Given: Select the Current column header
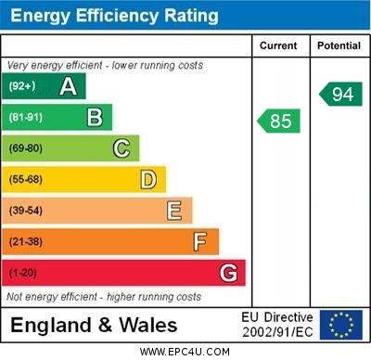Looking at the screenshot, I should (278, 45).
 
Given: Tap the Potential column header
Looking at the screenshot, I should (339, 45).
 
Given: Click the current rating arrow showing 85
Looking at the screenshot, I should (279, 121).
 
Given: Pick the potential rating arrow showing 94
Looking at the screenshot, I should (340, 93).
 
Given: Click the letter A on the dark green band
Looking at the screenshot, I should (68, 86).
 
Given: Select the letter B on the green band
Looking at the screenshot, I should (95, 117).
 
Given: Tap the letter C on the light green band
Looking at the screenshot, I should (122, 148).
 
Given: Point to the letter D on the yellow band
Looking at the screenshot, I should (148, 179).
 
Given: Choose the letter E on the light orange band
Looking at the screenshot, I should (174, 211).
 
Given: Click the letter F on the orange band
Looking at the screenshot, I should (200, 241).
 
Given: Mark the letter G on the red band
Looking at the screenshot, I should (228, 273).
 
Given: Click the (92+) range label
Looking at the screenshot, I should (22, 87).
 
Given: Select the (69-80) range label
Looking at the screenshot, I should (26, 148).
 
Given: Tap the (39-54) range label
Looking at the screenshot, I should (26, 211).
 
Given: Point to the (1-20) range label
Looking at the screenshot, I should (23, 273).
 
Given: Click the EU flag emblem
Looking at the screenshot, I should (340, 325).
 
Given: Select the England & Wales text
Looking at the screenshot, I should (94, 326).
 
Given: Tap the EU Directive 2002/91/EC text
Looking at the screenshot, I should (277, 325).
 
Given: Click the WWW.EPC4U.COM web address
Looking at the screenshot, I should (185, 352).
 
